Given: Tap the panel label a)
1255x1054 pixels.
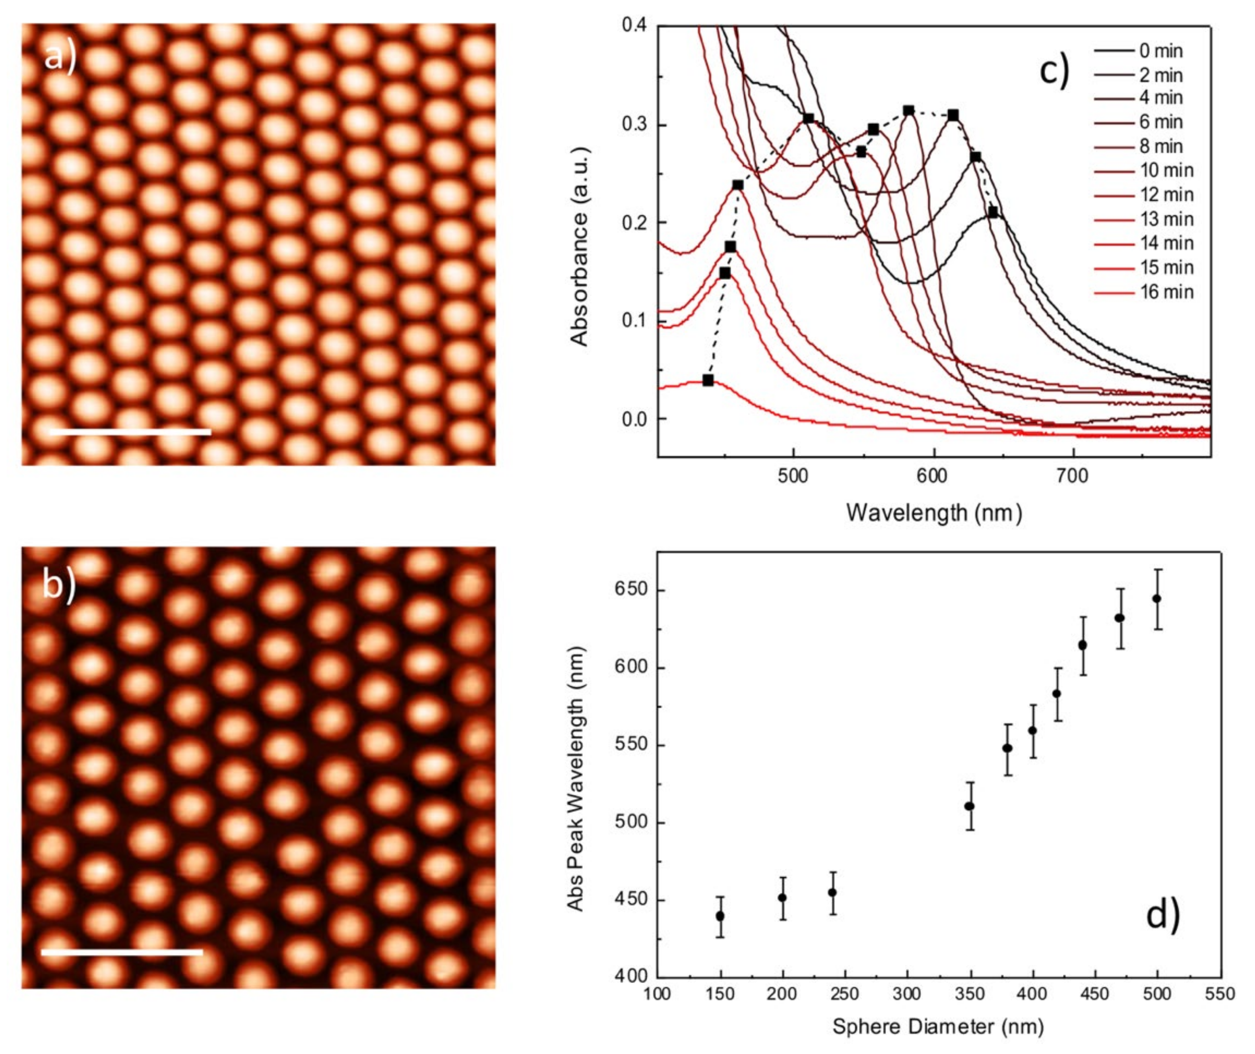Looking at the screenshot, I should point(60,58).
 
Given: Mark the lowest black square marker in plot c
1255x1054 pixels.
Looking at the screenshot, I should point(708,380).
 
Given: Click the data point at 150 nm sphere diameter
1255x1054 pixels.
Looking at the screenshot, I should point(720,916).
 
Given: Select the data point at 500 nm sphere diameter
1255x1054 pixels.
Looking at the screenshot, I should point(1157,598).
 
